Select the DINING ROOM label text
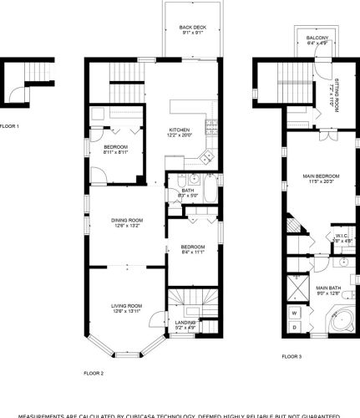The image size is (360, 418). click(128, 220)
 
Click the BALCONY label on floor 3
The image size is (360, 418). click(317, 39)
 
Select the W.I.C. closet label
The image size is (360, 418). click(342, 236)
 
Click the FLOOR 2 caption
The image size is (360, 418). click(94, 373)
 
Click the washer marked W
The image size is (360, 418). click(294, 313)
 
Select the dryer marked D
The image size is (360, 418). click(294, 327)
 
